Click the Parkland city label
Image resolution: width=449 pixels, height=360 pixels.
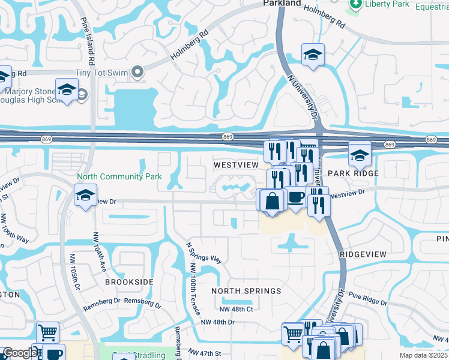282,4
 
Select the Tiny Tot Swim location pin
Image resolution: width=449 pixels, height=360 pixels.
137,73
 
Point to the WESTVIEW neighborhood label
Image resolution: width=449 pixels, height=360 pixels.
236,164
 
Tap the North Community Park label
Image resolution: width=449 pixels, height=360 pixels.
119,177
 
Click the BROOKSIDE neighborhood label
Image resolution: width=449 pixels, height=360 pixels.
129,281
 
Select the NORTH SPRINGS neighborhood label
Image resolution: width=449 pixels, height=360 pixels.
246,291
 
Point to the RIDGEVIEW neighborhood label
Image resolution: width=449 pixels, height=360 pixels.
363,254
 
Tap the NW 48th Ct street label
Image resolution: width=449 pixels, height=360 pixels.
237,309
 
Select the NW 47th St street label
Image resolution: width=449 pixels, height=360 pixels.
205,352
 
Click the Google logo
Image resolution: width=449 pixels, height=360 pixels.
19,353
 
